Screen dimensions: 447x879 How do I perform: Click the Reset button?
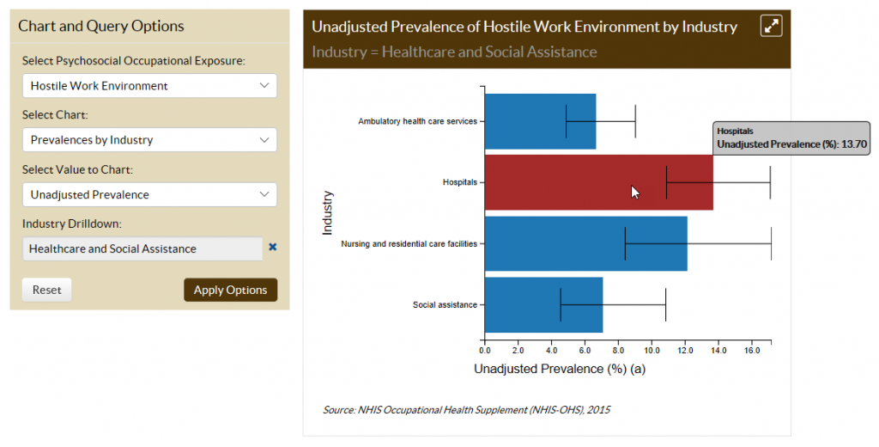point(46,290)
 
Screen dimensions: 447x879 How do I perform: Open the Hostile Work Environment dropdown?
point(149,86)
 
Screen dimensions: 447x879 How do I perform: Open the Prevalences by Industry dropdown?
point(149,140)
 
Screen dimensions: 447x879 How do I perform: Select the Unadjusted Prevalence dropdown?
point(149,194)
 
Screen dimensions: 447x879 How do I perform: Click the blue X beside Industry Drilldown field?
point(273,247)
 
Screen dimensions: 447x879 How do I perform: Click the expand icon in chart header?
point(771,27)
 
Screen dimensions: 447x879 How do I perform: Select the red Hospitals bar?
point(584,182)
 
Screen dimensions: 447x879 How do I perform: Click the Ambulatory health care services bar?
point(540,121)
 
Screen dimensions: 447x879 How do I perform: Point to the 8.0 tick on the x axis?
point(618,350)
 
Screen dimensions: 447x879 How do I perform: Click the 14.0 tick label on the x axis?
point(718,350)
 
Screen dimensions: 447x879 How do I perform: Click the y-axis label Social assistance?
point(445,305)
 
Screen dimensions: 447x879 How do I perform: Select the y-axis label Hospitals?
point(459,182)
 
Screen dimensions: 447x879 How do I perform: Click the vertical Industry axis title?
point(327,212)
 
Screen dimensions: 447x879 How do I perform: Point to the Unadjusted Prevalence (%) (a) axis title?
point(559,369)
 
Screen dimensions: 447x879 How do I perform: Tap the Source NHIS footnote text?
point(466,410)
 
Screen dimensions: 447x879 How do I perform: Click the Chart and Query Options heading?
point(101,26)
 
